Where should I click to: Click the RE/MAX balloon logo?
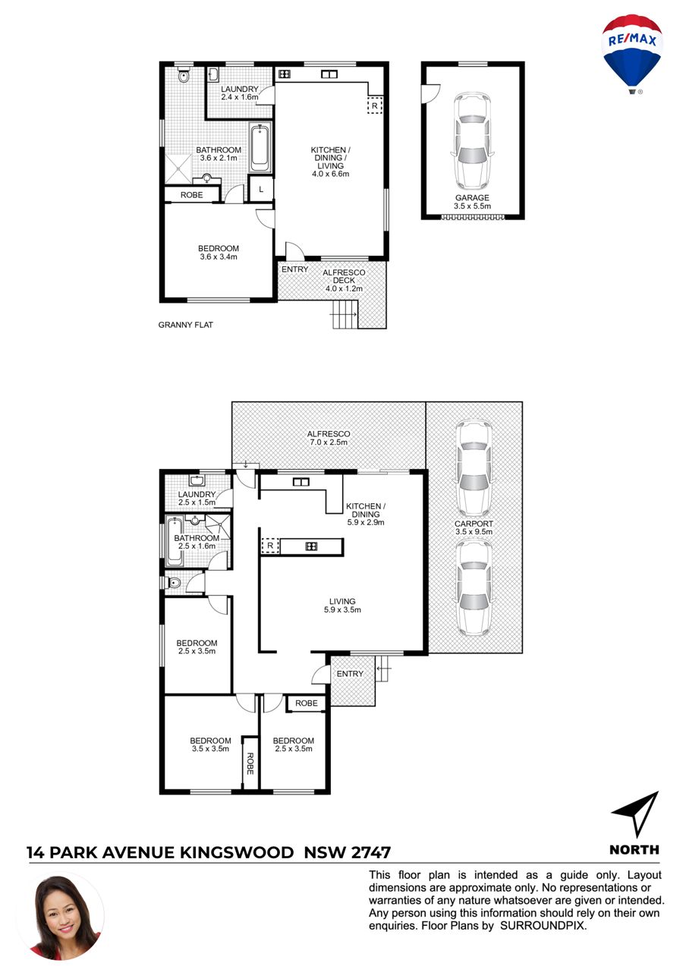(631, 54)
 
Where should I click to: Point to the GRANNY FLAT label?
(185, 325)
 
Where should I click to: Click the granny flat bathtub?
(260, 148)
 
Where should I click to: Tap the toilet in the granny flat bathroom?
(184, 75)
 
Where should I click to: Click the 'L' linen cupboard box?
(261, 189)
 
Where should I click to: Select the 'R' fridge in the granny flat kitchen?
(375, 105)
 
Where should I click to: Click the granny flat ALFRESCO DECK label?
(344, 280)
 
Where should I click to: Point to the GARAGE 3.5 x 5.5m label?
(472, 201)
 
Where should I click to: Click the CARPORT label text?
(474, 524)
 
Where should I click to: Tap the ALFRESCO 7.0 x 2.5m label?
(329, 438)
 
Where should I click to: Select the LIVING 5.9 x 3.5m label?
(342, 606)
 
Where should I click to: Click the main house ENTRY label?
(350, 674)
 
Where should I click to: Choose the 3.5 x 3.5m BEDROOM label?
(210, 744)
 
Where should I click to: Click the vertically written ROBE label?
(250, 763)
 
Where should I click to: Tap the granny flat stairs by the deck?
(345, 313)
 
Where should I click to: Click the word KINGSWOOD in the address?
(236, 853)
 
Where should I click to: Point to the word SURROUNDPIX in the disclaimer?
(543, 926)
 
